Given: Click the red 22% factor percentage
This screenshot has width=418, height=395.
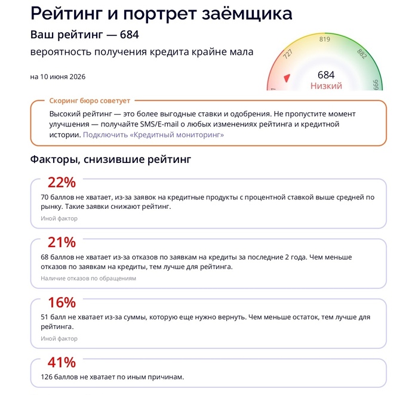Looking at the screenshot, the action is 62,183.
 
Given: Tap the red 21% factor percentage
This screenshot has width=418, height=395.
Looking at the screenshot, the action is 62,242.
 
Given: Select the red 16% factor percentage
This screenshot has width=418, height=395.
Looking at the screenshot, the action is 62,303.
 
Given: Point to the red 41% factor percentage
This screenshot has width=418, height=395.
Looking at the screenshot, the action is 62,363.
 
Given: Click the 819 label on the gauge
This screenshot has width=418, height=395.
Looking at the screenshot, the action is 325,39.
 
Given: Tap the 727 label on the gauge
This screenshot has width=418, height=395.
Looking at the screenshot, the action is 288,54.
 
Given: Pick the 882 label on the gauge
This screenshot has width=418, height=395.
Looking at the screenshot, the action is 362,54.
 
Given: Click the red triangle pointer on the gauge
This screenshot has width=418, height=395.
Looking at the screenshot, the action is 287,78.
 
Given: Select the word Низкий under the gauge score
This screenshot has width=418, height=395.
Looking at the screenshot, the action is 326,86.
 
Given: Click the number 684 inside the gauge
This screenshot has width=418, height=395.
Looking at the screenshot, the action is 326,75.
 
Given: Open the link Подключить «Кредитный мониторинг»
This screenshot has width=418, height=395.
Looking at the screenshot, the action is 153,135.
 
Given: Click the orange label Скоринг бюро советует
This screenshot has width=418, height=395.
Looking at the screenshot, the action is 90,101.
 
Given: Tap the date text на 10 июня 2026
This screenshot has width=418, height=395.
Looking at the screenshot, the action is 58,77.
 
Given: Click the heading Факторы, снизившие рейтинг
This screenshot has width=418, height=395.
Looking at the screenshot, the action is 110,159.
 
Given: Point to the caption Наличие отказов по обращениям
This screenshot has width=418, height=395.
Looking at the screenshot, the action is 88,278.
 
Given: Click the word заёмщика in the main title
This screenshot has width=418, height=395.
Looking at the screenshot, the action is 247,13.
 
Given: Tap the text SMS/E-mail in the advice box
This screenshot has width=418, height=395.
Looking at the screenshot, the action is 159,124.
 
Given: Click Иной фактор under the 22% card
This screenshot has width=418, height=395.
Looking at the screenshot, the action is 59,218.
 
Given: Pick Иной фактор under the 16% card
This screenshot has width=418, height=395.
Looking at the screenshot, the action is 59,338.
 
